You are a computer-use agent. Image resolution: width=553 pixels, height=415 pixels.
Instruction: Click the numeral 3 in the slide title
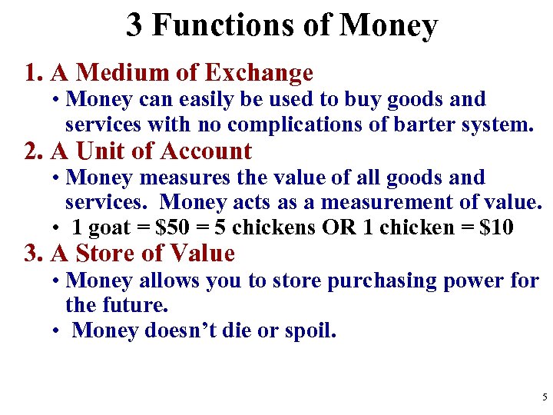134,25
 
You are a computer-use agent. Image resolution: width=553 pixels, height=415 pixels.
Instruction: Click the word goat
112,227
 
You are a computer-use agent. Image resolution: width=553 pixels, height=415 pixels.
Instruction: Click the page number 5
545,397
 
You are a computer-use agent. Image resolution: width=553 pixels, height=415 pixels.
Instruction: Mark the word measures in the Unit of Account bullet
161,177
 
